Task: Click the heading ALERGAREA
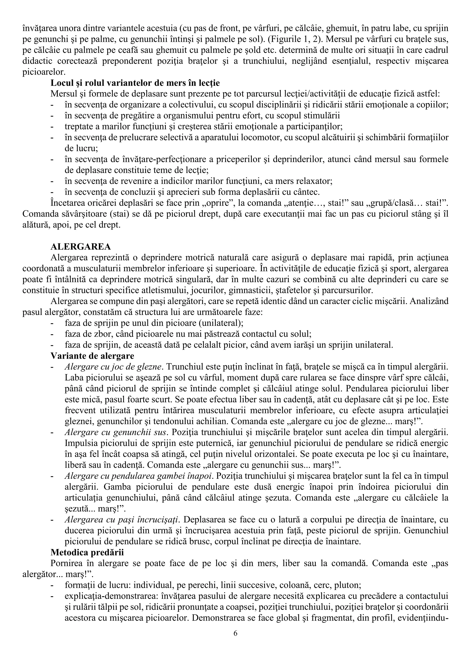pos(81,247)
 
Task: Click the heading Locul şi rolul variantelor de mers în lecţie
pos(135,83)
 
